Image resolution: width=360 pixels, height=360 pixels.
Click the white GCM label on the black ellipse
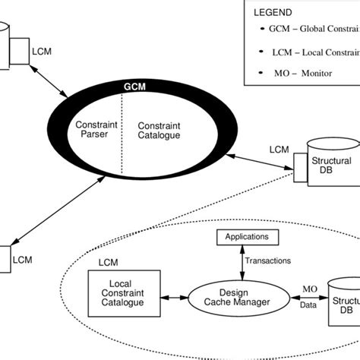pos(134,87)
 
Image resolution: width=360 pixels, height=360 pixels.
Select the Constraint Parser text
pos(96,129)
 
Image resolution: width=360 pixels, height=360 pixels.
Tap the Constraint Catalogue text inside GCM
pos(159,131)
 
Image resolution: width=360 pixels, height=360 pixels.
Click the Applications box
pos(248,237)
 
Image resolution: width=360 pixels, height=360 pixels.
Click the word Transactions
pos(268,261)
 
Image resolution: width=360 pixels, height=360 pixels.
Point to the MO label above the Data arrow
pos(310,289)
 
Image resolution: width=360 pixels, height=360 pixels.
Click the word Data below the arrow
pos(308,305)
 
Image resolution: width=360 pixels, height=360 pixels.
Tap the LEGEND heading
pos(273,12)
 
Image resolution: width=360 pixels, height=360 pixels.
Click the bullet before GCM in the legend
pos(262,29)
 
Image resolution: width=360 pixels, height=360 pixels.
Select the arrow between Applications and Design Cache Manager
pos(242,263)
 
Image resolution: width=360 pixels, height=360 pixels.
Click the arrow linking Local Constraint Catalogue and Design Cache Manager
pos(175,298)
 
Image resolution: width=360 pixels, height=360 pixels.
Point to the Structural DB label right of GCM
pos(331,166)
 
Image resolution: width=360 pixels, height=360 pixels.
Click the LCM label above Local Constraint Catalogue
pos(108,263)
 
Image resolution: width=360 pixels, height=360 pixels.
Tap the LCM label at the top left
pos(42,52)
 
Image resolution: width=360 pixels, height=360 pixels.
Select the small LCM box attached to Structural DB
pos(301,167)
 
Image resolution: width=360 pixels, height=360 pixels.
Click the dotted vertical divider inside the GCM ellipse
pos(122,134)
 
